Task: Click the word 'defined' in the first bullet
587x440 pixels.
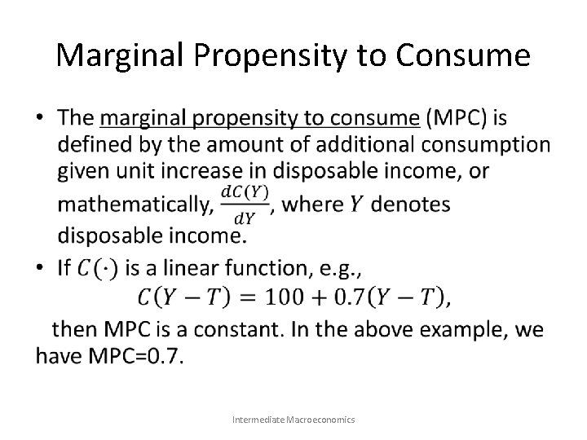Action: click(x=112, y=145)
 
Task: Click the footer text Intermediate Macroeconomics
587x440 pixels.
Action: click(x=293, y=419)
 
